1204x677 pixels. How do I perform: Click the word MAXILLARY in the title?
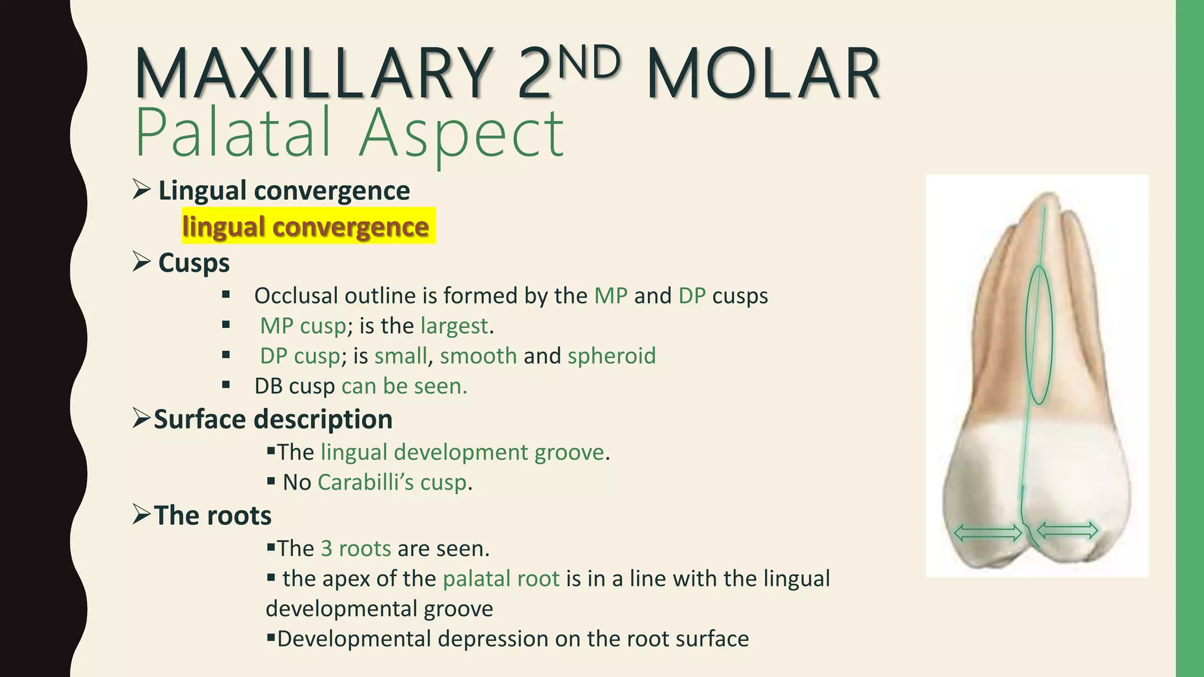[315, 73]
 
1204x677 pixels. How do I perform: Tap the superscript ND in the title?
[588, 62]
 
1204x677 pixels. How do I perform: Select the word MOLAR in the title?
[763, 73]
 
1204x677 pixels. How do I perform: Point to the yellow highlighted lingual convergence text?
[306, 226]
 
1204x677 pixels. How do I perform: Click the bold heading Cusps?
[194, 263]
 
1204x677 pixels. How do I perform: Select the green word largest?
[454, 326]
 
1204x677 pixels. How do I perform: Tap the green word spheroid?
[611, 356]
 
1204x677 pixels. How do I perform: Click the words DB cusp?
[295, 386]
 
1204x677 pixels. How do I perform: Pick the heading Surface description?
[273, 420]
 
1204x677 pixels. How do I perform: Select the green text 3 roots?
[356, 548]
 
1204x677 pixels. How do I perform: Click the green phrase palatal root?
[501, 579]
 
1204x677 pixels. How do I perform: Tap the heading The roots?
[212, 515]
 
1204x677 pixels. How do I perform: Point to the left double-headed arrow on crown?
[988, 533]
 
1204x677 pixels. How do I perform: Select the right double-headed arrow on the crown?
[1068, 531]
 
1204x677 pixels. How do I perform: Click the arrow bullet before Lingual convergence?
[141, 190]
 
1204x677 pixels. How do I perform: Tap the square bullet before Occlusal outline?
[226, 295]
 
